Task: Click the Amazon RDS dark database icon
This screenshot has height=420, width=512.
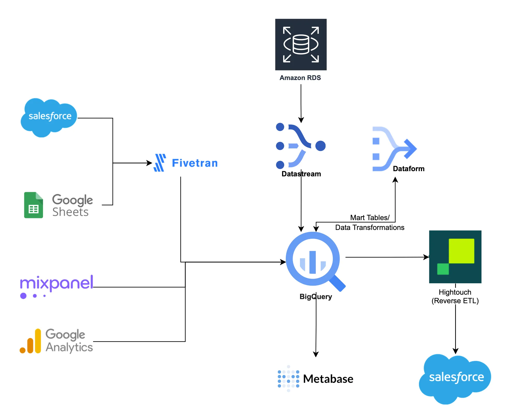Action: (301, 44)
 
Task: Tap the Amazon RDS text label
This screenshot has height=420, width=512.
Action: (300, 78)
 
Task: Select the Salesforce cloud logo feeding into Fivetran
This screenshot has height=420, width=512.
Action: (49, 117)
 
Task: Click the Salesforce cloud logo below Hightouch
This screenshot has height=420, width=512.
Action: (455, 378)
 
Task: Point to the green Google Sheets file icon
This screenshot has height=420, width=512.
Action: (33, 205)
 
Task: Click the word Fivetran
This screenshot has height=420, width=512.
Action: (195, 163)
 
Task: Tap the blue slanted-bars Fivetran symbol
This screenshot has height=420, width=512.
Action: (160, 163)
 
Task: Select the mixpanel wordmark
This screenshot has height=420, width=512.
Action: (57, 283)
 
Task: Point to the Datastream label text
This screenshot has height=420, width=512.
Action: (301, 174)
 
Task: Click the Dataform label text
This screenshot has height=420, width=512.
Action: (409, 169)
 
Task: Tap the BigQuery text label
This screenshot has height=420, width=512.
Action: (315, 296)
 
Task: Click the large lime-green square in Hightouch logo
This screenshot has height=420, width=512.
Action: (461, 251)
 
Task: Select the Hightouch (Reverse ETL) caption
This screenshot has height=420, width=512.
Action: (455, 296)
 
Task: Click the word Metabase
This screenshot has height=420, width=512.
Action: (328, 379)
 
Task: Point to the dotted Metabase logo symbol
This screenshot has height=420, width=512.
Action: (288, 379)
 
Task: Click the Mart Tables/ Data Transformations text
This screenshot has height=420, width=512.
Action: (370, 222)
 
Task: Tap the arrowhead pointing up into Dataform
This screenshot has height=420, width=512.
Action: (395, 180)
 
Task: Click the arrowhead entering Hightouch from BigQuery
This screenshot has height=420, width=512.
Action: (426, 257)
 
